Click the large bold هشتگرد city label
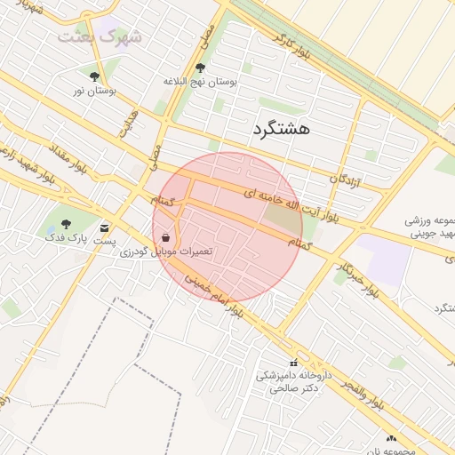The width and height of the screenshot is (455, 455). (x=281, y=129)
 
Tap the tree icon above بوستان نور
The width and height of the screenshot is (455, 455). (x=95, y=76)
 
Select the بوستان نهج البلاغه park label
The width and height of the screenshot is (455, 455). (x=200, y=82)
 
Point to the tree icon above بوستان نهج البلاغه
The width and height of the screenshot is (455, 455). (x=199, y=68)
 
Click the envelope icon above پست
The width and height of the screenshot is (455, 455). (x=106, y=227)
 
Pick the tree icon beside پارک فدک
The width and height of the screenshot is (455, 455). (x=66, y=224)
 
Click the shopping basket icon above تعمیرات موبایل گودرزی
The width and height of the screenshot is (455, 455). (x=167, y=237)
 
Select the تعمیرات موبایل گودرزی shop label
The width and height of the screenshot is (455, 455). (x=167, y=252)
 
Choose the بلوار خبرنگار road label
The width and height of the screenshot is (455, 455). (x=358, y=276)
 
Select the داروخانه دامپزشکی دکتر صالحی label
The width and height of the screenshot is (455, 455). (x=293, y=381)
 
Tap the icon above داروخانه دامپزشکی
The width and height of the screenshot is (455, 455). (x=294, y=363)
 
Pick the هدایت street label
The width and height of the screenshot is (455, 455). (x=130, y=124)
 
